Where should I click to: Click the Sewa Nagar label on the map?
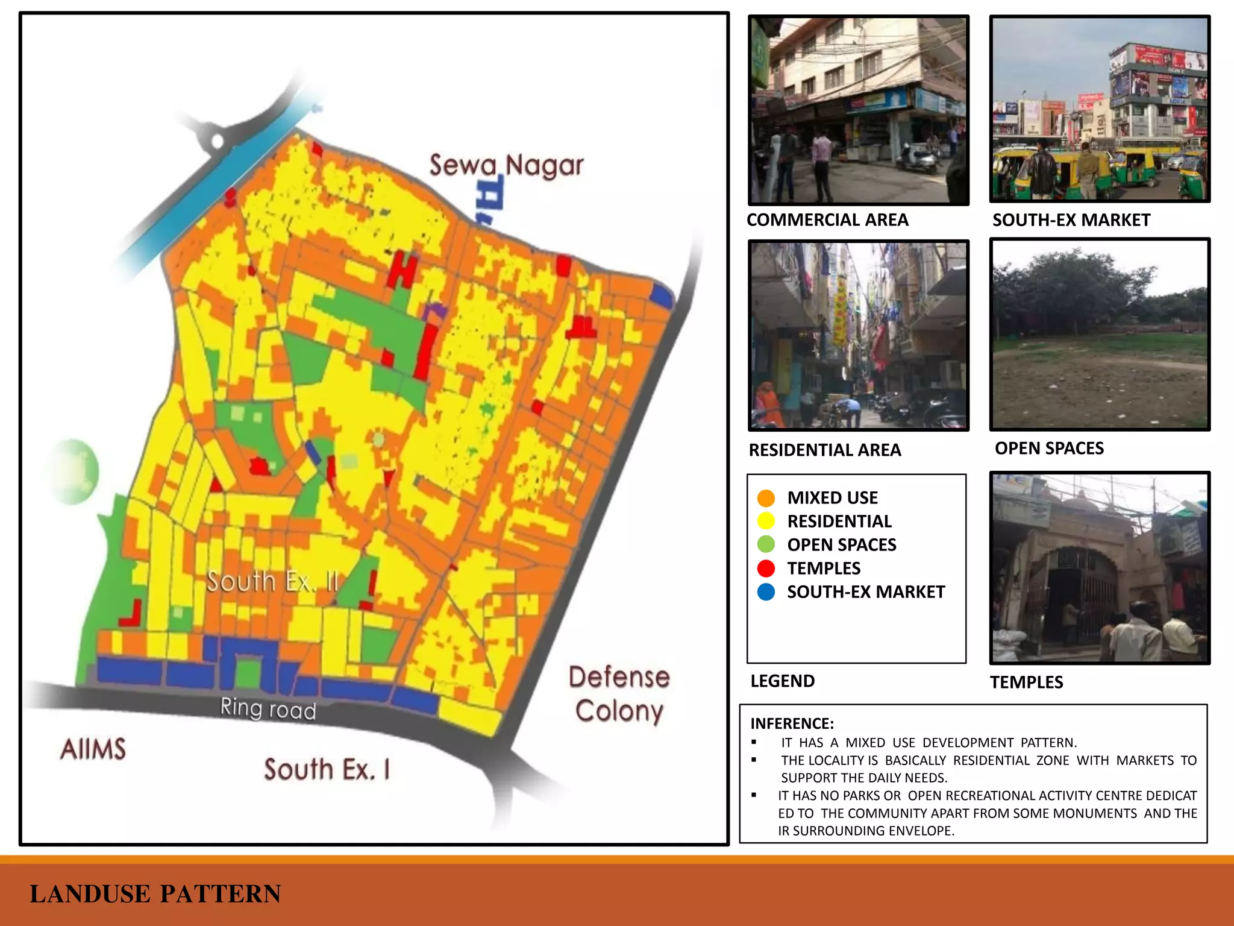tap(506, 165)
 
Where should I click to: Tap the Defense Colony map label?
tap(619, 694)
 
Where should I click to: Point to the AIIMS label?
tap(93, 749)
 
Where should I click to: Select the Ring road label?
tap(268, 708)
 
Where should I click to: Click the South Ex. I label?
tap(327, 769)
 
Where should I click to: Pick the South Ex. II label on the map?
tap(272, 582)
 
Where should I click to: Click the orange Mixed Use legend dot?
tap(766, 498)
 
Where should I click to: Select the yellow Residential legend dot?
tap(766, 521)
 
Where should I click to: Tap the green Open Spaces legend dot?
tap(766, 544)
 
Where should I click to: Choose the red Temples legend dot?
tap(766, 568)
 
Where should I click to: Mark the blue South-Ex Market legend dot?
tap(766, 591)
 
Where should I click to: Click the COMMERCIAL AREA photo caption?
tap(827, 220)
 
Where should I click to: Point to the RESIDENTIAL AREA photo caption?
tap(824, 450)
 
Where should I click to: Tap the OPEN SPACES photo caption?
tap(1049, 449)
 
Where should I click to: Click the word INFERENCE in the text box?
tap(792, 723)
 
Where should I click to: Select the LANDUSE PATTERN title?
tap(155, 893)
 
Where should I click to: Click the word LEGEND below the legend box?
tap(782, 681)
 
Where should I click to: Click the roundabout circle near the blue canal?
tap(217, 142)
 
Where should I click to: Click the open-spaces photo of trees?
tap(1100, 334)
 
